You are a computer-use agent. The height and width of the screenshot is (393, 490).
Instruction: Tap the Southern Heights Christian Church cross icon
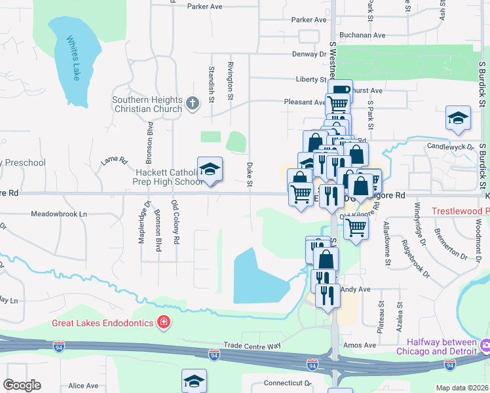[192, 103]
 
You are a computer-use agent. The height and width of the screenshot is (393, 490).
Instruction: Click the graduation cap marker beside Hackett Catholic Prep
[210, 170]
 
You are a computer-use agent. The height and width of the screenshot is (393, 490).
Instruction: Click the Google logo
[22, 385]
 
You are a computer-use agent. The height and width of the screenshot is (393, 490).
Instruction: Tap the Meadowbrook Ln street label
[59, 214]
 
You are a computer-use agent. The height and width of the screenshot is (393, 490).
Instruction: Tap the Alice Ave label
[83, 386]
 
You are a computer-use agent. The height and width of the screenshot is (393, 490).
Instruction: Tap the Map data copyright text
[462, 388]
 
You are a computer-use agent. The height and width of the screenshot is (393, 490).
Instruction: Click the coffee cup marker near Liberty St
[340, 90]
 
